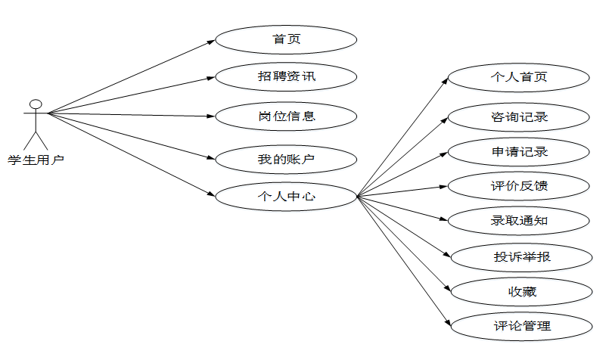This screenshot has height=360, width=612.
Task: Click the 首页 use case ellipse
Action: (286, 39)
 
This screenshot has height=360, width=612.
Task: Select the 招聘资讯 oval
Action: (286, 76)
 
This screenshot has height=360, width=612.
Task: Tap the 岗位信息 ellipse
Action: (286, 116)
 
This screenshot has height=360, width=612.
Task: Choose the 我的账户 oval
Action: (286, 159)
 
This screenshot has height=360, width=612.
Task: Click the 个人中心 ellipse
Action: (286, 197)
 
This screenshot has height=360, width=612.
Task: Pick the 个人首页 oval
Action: (518, 76)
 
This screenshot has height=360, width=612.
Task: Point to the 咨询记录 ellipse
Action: (518, 116)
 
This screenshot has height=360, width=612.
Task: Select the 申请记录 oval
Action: (518, 151)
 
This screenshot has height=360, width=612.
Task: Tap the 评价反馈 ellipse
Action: (518, 185)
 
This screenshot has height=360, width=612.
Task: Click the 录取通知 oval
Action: (518, 221)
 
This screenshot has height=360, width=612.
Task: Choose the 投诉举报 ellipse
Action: (521, 256)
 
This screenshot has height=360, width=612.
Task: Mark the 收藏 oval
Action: (521, 291)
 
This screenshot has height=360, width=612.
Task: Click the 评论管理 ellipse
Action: (521, 326)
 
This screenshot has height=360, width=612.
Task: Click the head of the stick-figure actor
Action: (34, 103)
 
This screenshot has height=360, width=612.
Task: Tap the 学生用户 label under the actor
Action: (36, 160)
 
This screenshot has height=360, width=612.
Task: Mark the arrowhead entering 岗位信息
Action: (212, 116)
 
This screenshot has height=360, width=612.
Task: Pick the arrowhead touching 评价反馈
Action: (444, 186)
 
